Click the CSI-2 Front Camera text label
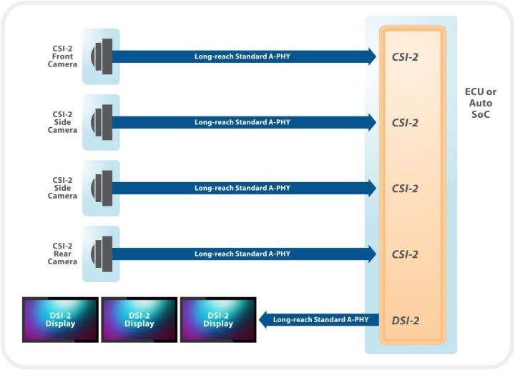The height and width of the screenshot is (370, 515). coord(62,56)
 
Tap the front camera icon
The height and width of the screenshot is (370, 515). coord(102,56)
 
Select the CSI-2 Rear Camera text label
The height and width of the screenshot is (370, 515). coord(62,253)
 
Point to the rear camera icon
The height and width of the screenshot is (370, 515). coord(102,254)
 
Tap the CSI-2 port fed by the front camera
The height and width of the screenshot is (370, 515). coord(404,56)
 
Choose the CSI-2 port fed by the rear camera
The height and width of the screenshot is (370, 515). coord(404,254)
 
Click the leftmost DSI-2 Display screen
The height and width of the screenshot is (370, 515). coord(59,319)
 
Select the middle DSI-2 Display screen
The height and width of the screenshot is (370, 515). coord(139,319)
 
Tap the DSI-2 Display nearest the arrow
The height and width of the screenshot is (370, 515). coord(218,319)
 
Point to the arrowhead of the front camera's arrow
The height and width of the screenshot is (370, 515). coord(371,56)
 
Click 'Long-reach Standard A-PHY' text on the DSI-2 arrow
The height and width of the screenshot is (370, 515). coord(321,319)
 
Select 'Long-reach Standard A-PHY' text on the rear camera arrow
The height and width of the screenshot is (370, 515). coord(242,254)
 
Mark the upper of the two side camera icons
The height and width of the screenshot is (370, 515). coord(102,122)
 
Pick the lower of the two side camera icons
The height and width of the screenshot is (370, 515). coord(102,188)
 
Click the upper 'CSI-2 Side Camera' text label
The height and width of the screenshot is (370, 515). coord(62,121)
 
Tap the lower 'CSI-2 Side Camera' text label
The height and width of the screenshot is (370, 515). coord(62,187)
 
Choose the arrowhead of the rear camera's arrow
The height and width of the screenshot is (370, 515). coord(371,254)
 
